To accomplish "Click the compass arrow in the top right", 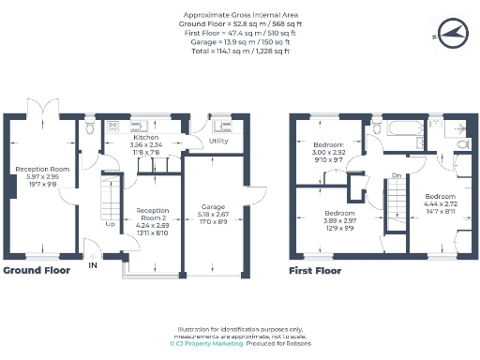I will click(451, 34).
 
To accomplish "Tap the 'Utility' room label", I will click(218, 141).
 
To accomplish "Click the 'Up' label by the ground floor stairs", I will click(110, 224).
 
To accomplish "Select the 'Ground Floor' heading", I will click(37, 270).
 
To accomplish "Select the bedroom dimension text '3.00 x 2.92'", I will click(328, 153).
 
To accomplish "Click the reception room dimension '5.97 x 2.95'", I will click(36, 178).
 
